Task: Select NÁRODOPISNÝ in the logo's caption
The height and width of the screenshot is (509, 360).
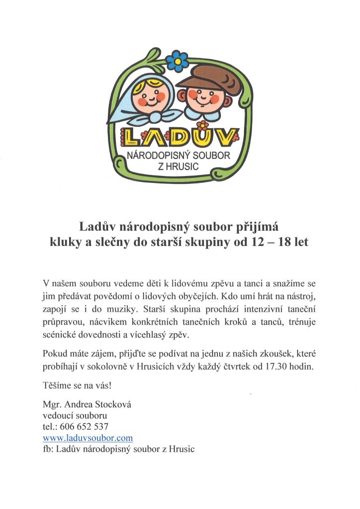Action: pyautogui.click(x=159, y=156)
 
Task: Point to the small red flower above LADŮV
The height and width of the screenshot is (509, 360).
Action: pyautogui.click(x=202, y=124)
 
